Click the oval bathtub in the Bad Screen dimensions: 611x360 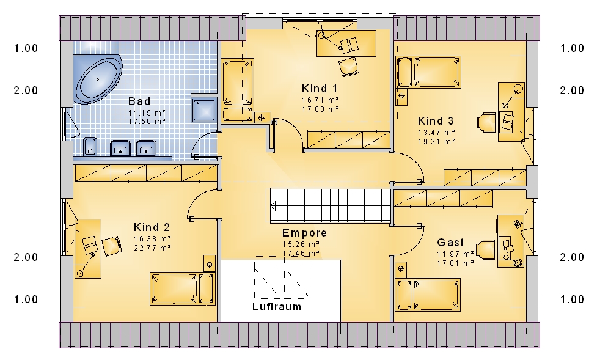(98, 79)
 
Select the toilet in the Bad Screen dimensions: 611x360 (90, 147)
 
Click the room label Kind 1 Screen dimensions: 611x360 (320, 89)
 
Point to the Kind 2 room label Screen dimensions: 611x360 (152, 227)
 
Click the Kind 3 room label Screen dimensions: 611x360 (436, 121)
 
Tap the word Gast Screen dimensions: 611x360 (450, 242)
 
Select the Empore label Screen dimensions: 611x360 (304, 233)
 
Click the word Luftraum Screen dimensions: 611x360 (277, 307)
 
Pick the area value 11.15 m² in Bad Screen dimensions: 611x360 (147, 112)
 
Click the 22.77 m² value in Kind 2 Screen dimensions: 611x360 (152, 248)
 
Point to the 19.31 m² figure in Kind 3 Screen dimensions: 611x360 (436, 142)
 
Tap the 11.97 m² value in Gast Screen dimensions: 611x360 (455, 254)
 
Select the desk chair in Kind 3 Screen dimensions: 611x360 (486, 122)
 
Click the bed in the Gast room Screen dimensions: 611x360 (428, 295)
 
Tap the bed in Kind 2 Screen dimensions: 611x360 (182, 288)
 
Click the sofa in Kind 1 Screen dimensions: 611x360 (237, 90)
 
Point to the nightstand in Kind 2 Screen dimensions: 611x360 (210, 265)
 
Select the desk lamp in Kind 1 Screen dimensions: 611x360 (331, 42)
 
